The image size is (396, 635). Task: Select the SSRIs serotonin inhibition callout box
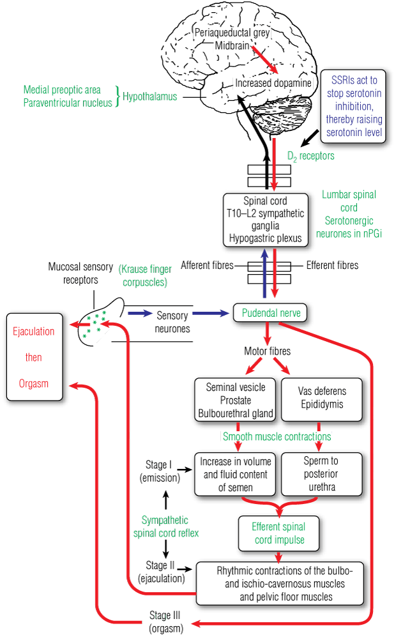[354, 106]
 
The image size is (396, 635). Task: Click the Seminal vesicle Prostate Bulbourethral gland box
[236, 400]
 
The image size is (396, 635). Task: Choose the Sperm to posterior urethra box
[321, 474]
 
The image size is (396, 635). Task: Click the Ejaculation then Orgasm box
[34, 358]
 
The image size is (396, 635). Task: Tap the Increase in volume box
[235, 474]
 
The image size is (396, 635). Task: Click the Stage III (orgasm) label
[165, 622]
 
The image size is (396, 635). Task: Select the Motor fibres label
[267, 351]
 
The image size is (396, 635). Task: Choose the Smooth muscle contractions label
[277, 437]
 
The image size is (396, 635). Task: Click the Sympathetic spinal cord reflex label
[165, 526]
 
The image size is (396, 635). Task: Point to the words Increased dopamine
[273, 83]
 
